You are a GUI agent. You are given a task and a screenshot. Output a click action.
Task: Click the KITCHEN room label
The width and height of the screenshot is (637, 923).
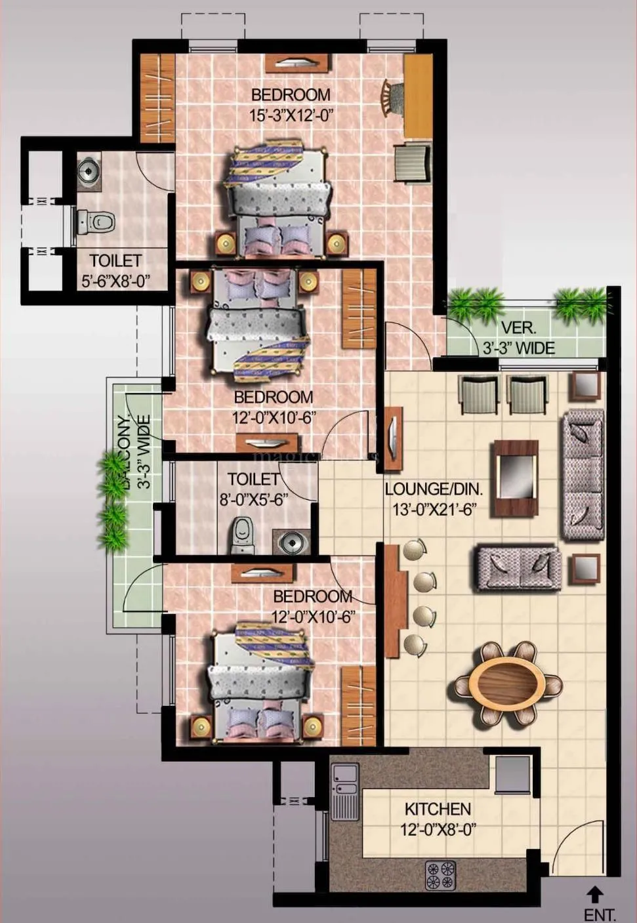point(438,809)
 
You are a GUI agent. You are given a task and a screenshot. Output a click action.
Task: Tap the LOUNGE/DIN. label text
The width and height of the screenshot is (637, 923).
point(434,489)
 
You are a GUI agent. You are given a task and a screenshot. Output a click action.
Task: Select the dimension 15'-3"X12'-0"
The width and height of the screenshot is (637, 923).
point(291,116)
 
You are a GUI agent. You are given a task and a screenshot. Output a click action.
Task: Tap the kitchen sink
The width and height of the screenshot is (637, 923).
point(344,792)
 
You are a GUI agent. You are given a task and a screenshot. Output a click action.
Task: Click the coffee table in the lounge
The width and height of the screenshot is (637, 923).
point(516,468)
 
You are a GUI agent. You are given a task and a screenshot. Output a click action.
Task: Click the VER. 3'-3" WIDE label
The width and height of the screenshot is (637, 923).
point(518,338)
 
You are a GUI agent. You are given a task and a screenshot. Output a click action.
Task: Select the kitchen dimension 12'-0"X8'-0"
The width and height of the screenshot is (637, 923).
point(438,830)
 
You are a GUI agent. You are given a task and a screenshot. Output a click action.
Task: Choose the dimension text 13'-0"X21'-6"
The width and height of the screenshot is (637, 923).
point(434,509)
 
